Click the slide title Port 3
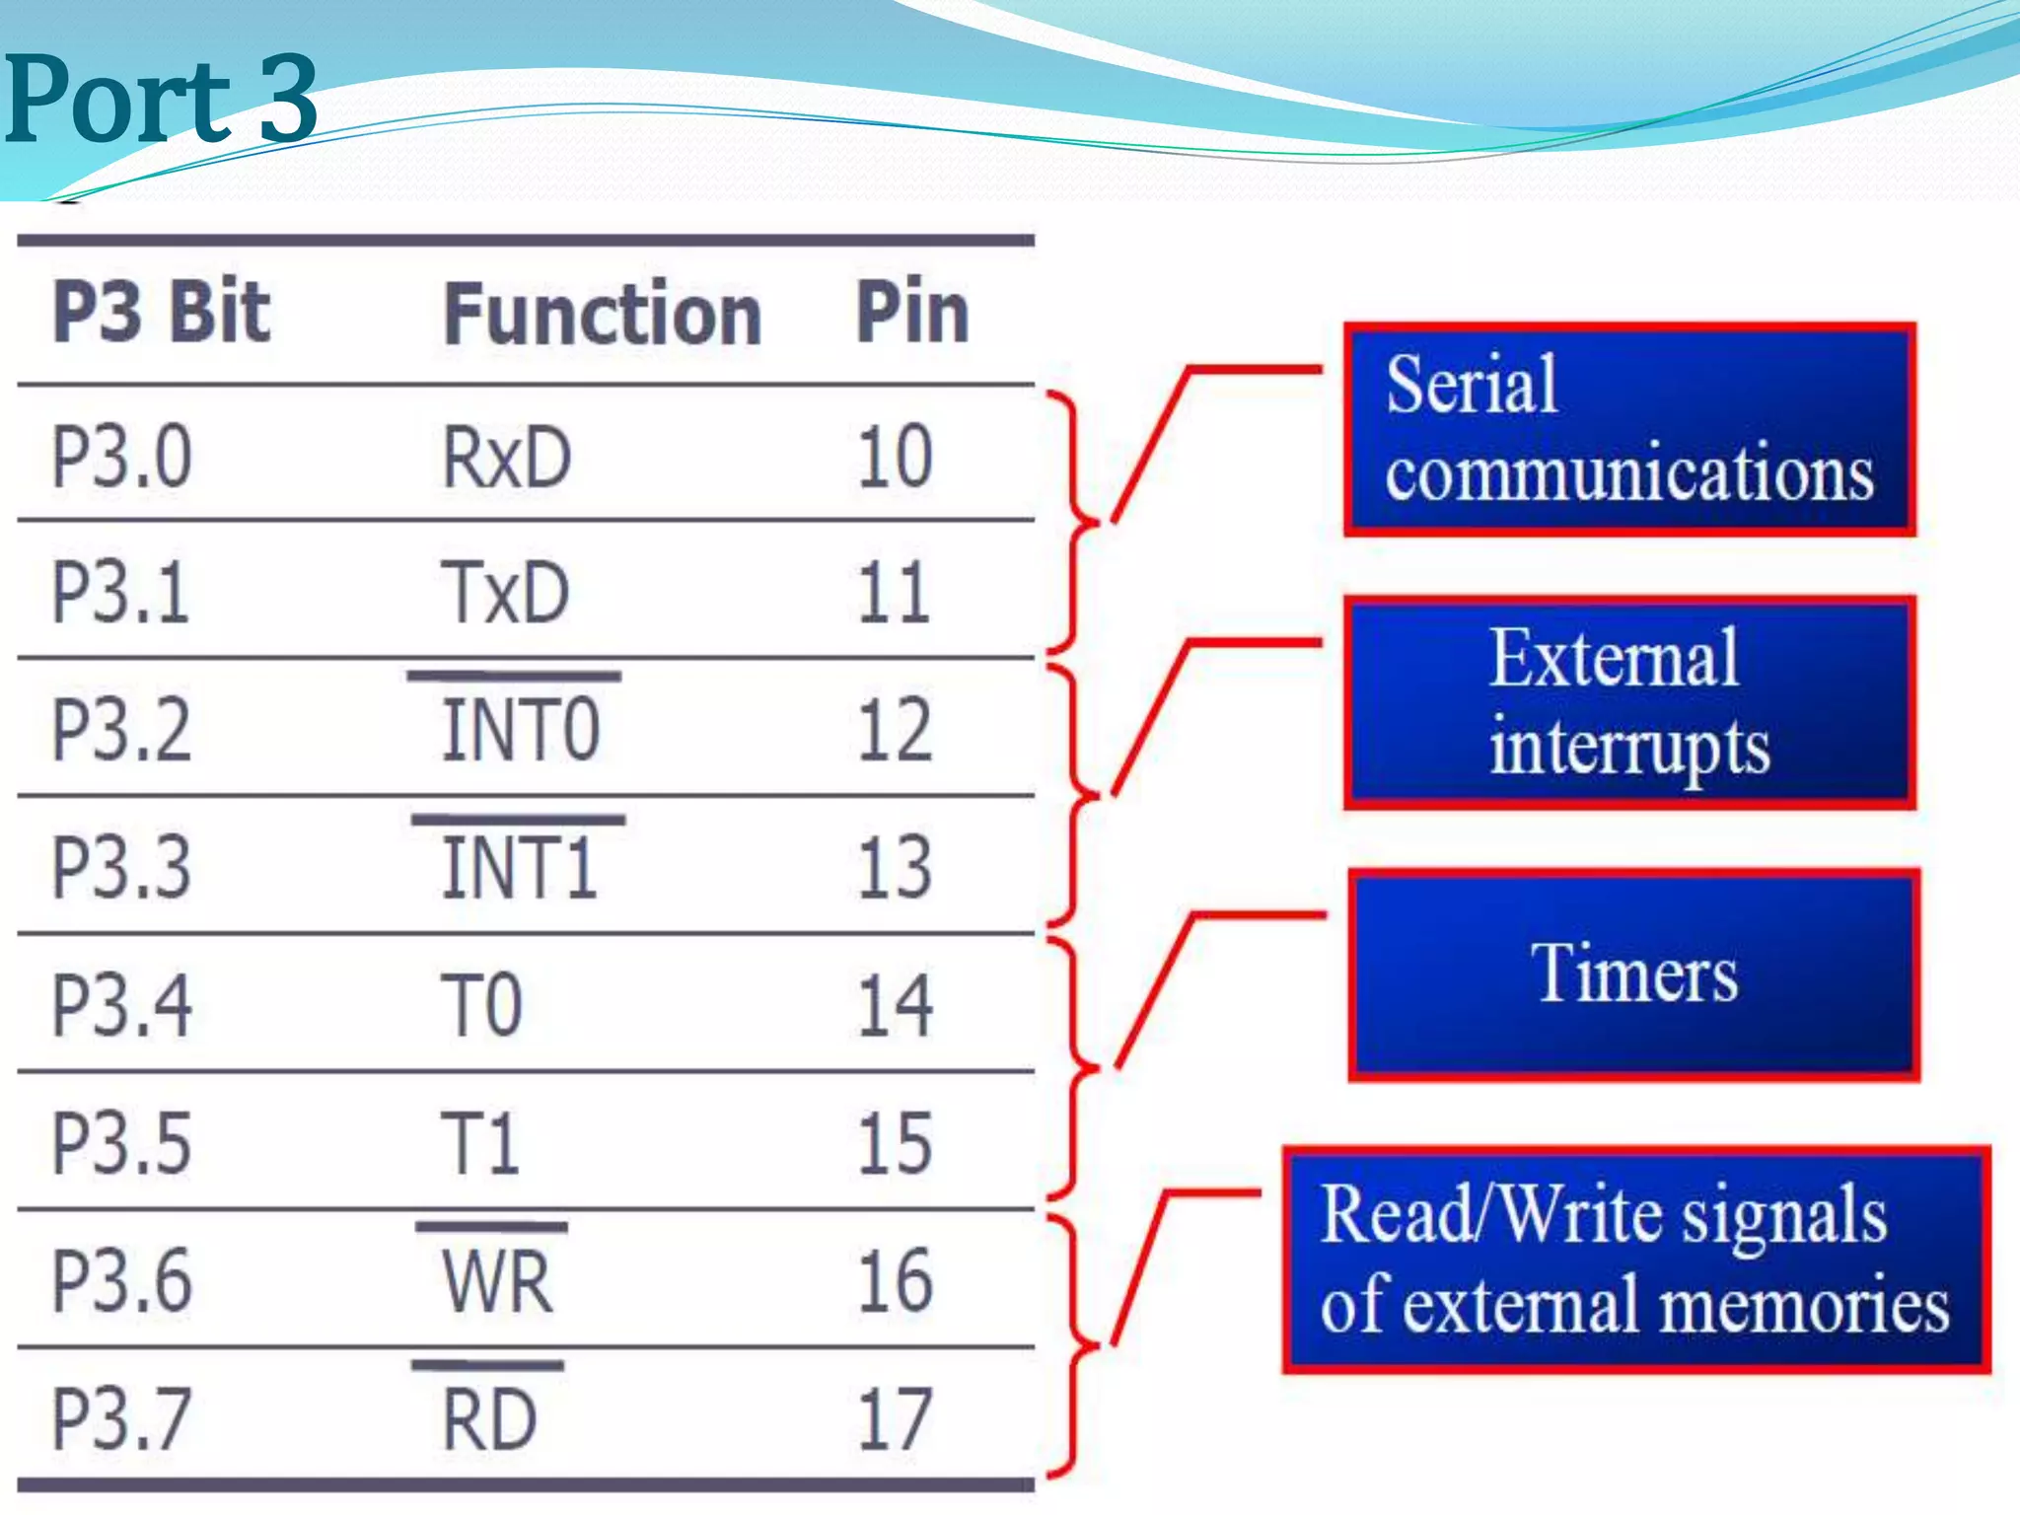point(160,99)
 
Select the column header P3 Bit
point(161,313)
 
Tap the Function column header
point(602,315)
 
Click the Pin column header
point(912,313)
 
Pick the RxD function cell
point(506,457)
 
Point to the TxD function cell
point(504,593)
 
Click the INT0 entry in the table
point(520,730)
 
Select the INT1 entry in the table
point(519,868)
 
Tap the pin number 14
point(895,1005)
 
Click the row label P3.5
point(121,1143)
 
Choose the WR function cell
point(497,1281)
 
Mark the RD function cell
point(489,1419)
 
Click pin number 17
point(895,1419)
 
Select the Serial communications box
point(1629,429)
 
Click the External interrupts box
point(1629,702)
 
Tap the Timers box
point(1633,974)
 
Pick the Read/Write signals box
point(1635,1260)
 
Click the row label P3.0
point(121,457)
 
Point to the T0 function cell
point(481,1005)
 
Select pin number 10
point(895,457)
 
